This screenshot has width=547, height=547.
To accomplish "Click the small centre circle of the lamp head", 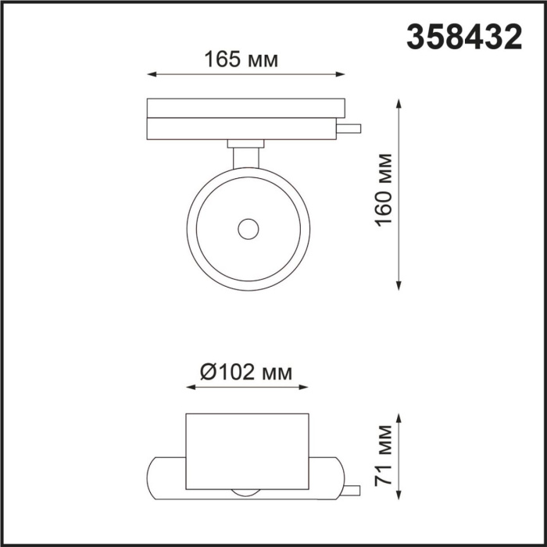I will [248, 229].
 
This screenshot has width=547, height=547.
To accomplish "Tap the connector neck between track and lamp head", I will [247, 156].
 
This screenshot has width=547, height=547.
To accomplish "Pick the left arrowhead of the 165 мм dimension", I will [152, 75].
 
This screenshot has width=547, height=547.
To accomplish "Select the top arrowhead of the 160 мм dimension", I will [401, 103].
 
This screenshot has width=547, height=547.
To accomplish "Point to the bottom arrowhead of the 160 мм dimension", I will [401, 285].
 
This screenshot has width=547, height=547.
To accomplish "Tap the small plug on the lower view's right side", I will [352, 489].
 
